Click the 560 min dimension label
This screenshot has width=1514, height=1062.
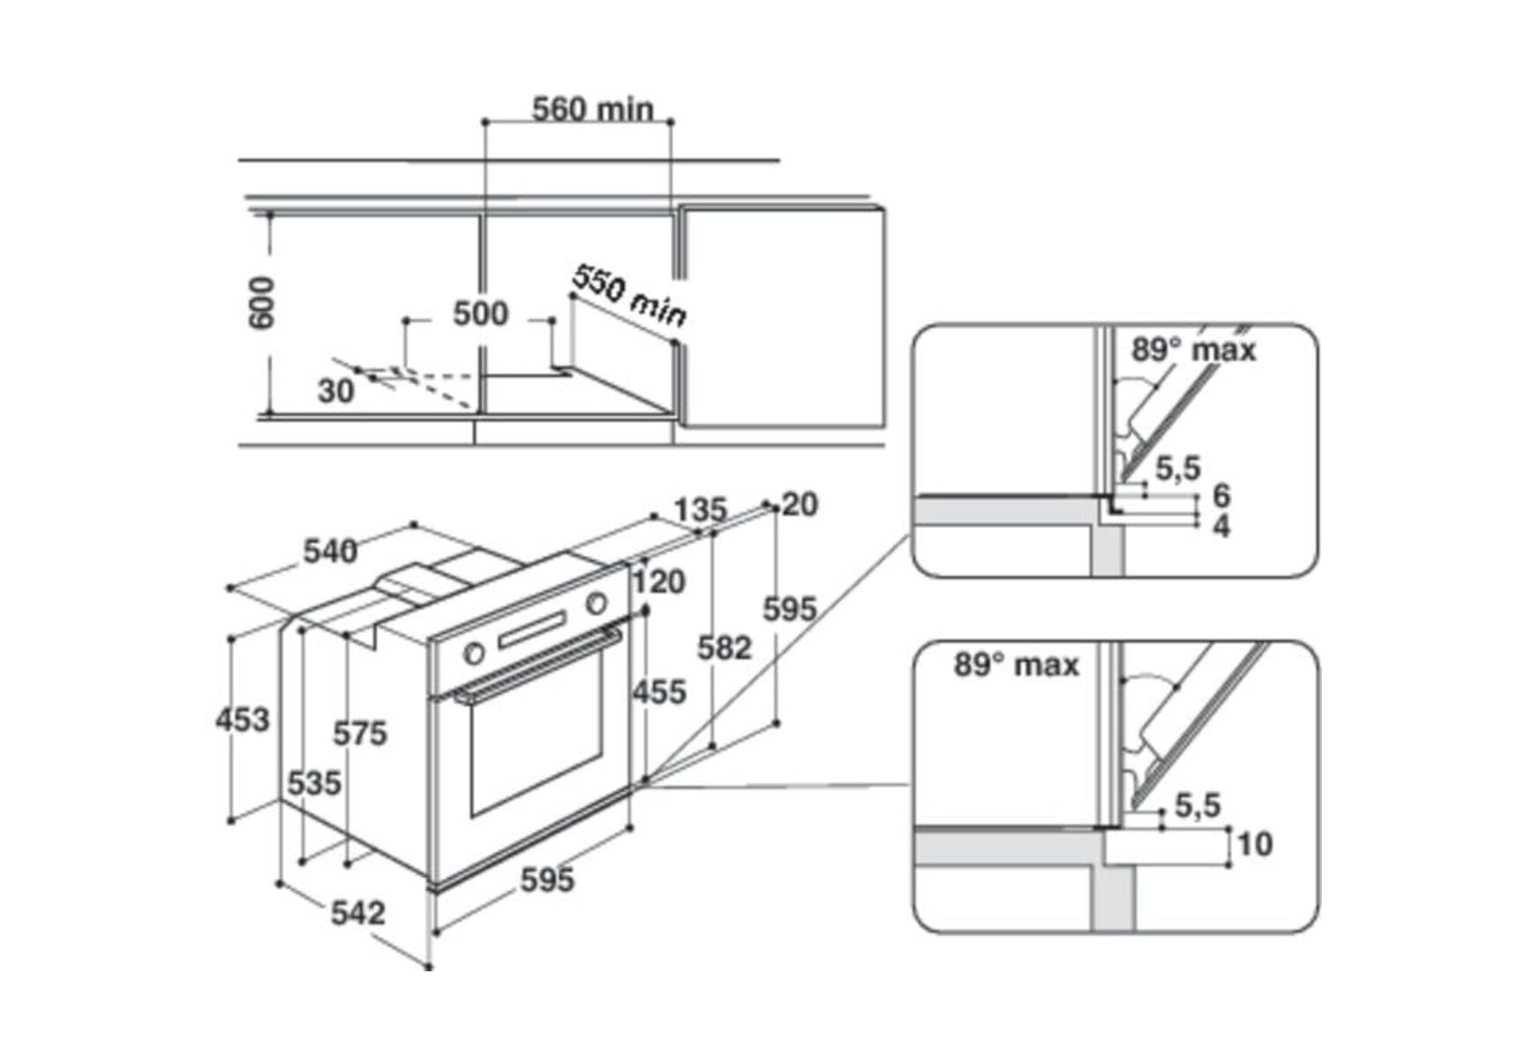[x=593, y=110]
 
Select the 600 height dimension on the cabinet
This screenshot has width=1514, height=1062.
[x=262, y=303]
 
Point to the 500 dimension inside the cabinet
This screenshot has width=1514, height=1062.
[x=480, y=313]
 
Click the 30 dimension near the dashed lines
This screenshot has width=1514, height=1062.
[x=336, y=391]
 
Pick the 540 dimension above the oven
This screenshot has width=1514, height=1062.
[x=330, y=551]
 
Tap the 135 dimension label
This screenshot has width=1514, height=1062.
[x=700, y=510]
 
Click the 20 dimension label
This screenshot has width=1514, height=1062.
[x=800, y=505]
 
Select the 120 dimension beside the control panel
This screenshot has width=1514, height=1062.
[x=659, y=581]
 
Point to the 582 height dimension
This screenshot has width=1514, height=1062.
[x=724, y=648]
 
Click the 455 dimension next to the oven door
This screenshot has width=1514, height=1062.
[x=659, y=692]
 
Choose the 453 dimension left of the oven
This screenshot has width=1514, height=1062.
[x=242, y=719]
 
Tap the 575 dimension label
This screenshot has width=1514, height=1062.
[x=359, y=733]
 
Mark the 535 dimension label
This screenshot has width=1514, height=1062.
[x=314, y=783]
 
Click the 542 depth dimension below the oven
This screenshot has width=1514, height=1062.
[x=358, y=912]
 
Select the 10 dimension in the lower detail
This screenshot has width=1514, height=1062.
[x=1255, y=844]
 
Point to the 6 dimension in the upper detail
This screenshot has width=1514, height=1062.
[x=1221, y=495]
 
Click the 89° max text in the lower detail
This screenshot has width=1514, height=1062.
[x=1016, y=665]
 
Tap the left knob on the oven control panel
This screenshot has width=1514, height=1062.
[x=474, y=653]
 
